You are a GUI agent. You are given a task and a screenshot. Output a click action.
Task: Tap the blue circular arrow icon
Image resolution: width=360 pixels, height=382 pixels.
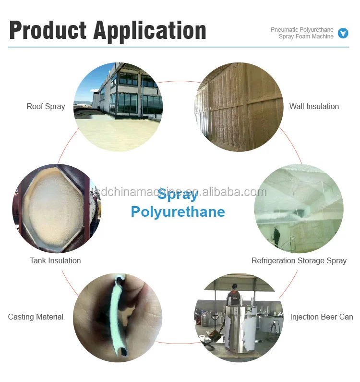click(x=343, y=33)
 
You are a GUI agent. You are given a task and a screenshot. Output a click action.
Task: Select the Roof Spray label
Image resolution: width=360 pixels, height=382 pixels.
click(x=46, y=106)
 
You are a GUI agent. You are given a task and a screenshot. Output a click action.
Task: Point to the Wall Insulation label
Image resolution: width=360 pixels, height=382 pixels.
click(x=314, y=106)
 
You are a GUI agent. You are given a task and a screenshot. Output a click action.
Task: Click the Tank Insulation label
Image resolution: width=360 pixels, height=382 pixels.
click(x=55, y=260)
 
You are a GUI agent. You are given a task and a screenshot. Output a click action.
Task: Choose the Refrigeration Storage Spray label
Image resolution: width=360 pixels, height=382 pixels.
click(x=299, y=260)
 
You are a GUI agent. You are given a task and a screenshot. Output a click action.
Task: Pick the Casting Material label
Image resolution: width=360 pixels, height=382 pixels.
click(x=36, y=317)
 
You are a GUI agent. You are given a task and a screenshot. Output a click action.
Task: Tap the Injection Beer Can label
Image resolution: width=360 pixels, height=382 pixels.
click(x=321, y=317)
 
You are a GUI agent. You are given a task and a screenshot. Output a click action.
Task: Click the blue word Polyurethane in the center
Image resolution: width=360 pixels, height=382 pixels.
click(x=178, y=211)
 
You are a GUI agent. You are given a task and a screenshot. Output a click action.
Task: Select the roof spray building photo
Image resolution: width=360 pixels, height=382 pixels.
click(x=118, y=107)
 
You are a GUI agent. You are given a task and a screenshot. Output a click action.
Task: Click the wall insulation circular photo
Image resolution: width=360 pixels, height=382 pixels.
click(x=239, y=107)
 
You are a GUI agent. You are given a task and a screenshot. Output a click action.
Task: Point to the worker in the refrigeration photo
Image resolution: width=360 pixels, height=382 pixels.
click(x=277, y=236)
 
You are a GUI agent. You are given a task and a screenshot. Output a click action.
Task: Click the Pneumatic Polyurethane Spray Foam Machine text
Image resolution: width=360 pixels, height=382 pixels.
click(x=302, y=33)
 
